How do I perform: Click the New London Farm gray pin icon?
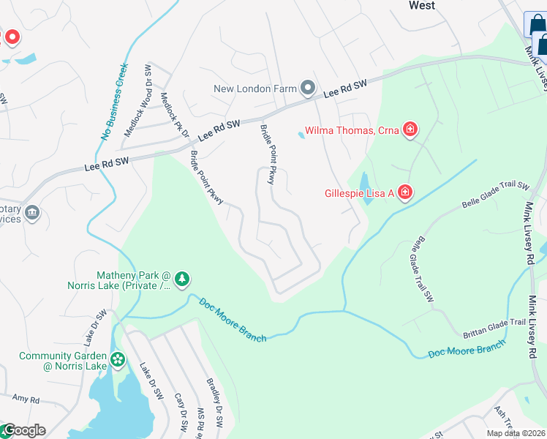(308, 89)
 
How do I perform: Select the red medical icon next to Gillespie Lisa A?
(404, 193)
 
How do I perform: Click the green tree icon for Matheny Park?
(182, 278)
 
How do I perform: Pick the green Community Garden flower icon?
(118, 360)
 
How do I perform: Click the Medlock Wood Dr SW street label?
(136, 101)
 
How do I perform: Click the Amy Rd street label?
(25, 398)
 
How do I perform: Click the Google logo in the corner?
(23, 430)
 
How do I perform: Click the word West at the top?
(421, 6)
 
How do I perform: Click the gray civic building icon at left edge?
(31, 213)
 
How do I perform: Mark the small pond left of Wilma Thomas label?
(301, 135)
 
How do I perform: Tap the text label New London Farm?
(254, 89)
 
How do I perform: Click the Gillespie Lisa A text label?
(359, 193)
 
